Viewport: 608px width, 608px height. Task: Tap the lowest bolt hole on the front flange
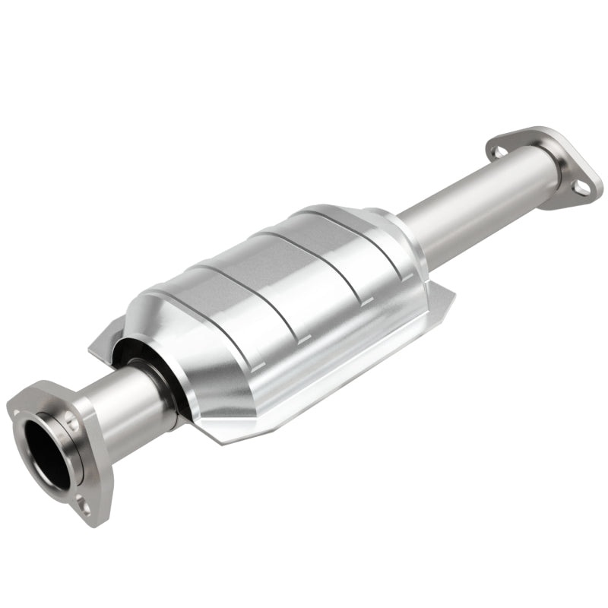[x=84, y=507]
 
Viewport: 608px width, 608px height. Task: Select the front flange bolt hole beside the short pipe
[x=71, y=416]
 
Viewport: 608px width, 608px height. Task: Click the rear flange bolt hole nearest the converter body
[x=497, y=152]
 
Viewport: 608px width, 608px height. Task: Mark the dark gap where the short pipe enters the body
[x=163, y=384]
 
